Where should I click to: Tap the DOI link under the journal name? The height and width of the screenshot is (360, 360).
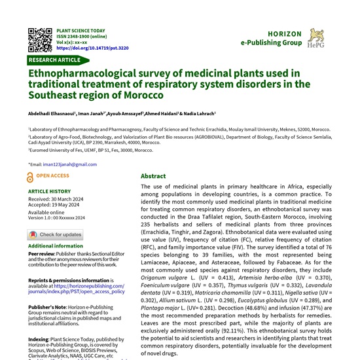92,48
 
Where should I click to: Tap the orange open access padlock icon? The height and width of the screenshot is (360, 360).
30,177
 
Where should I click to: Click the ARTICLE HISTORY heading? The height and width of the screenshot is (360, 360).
50,192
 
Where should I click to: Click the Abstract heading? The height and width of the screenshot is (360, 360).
153,176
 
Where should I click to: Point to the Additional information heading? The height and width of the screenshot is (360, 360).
56,246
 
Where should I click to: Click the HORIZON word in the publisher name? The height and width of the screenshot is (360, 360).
285,33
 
